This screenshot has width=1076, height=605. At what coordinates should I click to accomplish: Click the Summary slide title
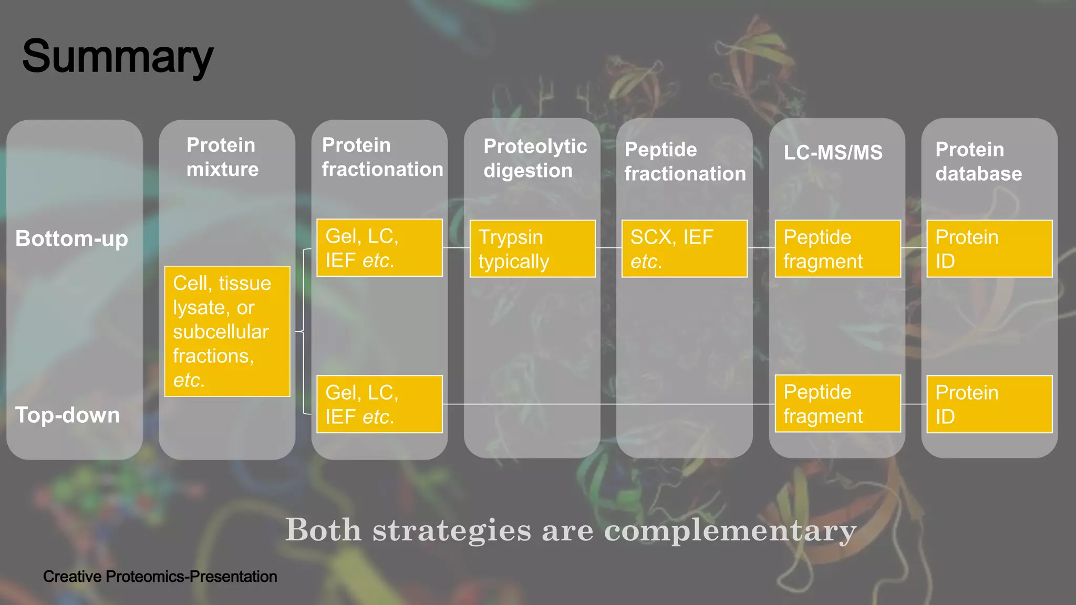(118, 57)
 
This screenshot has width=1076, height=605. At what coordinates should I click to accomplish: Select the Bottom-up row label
(71, 239)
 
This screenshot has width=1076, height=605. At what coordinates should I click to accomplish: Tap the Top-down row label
(67, 415)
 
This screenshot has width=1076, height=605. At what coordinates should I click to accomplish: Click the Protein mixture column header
(222, 157)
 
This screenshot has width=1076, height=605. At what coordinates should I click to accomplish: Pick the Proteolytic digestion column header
(535, 158)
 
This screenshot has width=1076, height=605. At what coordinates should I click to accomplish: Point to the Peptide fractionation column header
(685, 161)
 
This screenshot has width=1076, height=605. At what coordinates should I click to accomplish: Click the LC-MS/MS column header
(833, 152)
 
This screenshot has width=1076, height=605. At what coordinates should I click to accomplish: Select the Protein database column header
(978, 161)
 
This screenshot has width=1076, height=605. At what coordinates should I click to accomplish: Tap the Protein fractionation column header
(382, 157)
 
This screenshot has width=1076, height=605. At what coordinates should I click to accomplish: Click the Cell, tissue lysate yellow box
(227, 331)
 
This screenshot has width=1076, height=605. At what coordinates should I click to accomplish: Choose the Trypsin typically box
(532, 248)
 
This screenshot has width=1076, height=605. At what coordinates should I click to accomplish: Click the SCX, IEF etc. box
(684, 248)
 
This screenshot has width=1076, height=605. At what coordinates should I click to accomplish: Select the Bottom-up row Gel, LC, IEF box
(379, 248)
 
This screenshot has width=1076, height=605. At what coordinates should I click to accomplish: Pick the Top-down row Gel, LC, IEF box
(379, 404)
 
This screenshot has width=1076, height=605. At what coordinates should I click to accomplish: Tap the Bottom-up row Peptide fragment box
(837, 248)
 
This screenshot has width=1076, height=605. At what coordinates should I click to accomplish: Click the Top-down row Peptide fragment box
(837, 404)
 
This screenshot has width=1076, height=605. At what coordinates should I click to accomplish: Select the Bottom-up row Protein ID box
(989, 248)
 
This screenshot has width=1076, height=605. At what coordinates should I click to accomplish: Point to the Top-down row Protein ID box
(989, 404)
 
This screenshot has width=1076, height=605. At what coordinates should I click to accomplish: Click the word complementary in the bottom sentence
(730, 530)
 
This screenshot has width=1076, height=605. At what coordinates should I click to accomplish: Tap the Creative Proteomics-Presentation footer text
(160, 577)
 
